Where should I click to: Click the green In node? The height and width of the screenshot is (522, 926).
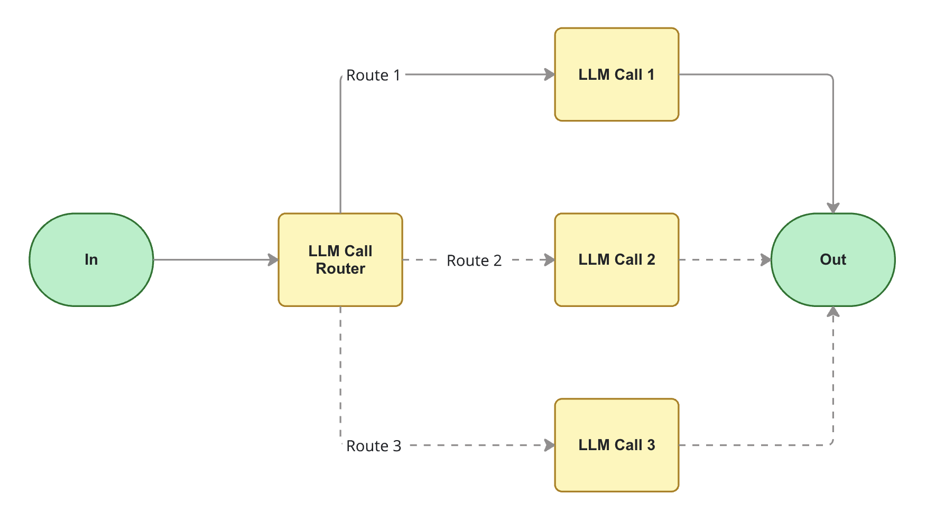tap(91, 259)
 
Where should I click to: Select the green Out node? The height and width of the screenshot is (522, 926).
tap(832, 259)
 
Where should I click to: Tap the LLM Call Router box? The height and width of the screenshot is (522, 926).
tap(340, 259)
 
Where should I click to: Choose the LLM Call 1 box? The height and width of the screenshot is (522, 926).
tap(616, 74)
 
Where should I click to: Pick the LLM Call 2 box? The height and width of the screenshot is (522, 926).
tap(616, 259)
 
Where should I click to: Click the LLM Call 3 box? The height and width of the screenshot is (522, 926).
tap(616, 445)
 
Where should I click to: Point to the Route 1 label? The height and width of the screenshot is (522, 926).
tap(373, 76)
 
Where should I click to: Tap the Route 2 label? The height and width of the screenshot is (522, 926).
tap(474, 260)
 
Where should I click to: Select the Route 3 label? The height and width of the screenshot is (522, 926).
tap(373, 446)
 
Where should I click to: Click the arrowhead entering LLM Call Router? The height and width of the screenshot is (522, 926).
tap(273, 259)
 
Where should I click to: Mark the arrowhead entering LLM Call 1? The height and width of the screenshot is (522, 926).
tap(550, 74)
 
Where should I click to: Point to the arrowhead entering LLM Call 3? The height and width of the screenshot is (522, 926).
tap(550, 445)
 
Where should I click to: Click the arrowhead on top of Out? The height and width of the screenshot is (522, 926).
tap(833, 208)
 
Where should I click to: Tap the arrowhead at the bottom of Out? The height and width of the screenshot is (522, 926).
tap(833, 312)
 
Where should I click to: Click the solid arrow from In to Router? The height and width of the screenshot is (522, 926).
tap(211, 259)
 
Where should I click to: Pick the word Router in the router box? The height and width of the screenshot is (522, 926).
tap(340, 268)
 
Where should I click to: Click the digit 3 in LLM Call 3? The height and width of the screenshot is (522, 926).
tap(651, 445)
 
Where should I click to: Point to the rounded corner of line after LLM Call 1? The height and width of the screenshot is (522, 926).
tap(831, 77)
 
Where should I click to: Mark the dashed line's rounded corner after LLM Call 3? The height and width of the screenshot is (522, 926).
tap(831, 443)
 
